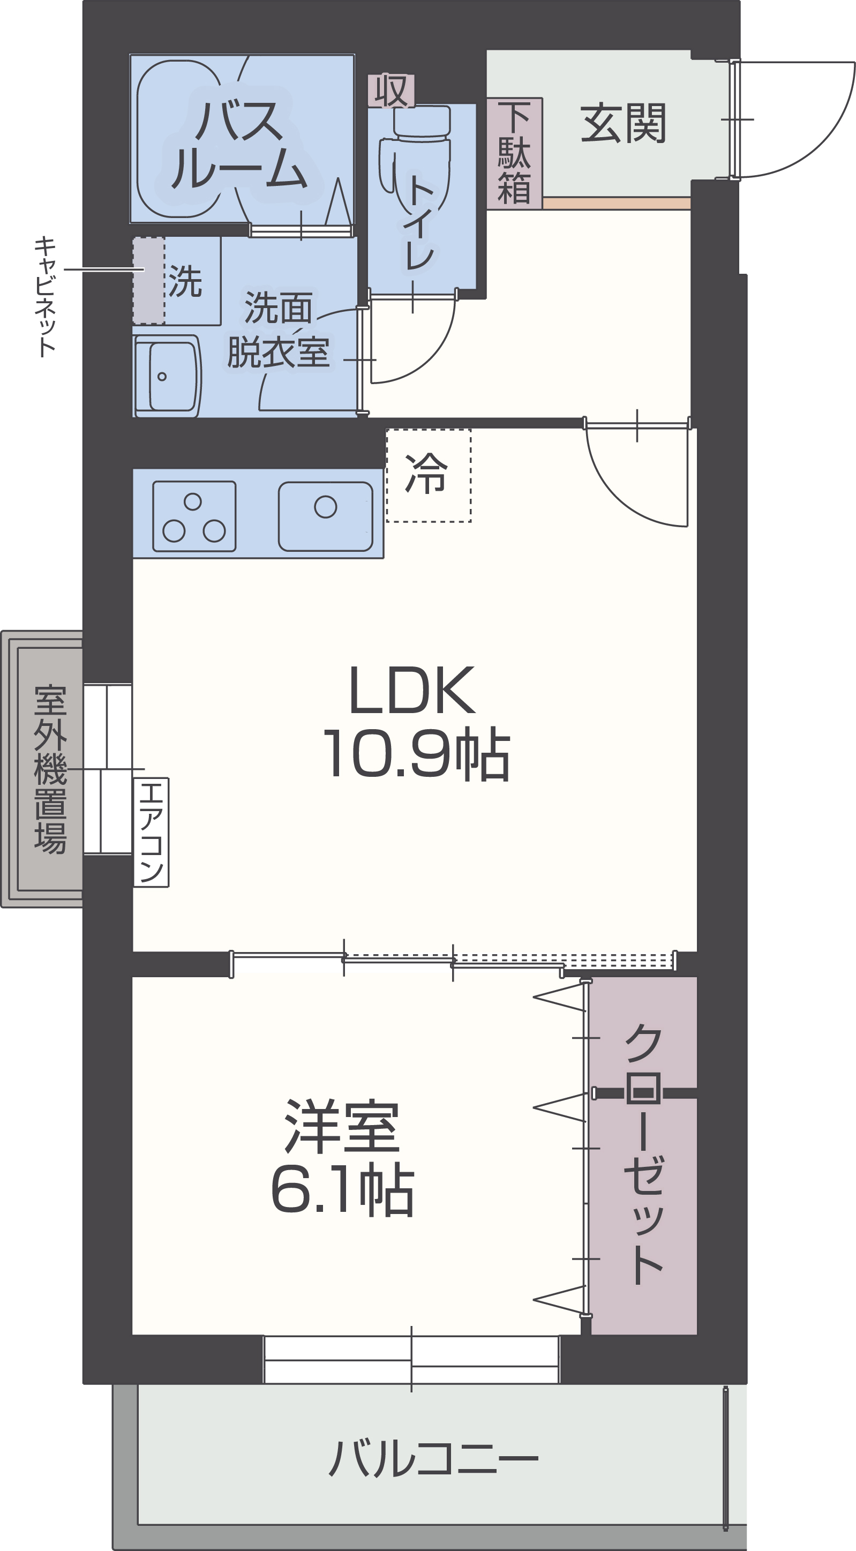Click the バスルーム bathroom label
[239, 145]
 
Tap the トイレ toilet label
[420, 222]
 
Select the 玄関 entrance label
[623, 123]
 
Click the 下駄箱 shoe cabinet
[515, 154]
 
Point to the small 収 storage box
[391, 91]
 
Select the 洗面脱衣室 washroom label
[278, 329]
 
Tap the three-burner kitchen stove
[194, 516]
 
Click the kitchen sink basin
[325, 516]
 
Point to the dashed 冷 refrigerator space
[428, 475]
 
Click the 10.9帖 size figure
[417, 754]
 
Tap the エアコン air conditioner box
[151, 832]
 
